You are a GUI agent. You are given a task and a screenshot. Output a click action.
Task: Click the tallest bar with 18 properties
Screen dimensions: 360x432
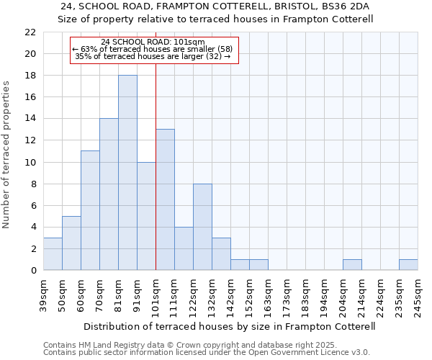click(127, 173)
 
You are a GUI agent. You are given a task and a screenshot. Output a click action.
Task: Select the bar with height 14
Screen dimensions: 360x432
click(109, 194)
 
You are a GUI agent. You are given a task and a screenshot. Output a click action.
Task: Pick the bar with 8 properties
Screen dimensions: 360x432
click(202, 227)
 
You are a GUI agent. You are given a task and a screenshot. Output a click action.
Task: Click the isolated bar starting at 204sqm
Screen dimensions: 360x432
click(352, 265)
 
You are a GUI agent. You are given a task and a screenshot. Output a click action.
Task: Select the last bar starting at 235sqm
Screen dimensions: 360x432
click(408, 265)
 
